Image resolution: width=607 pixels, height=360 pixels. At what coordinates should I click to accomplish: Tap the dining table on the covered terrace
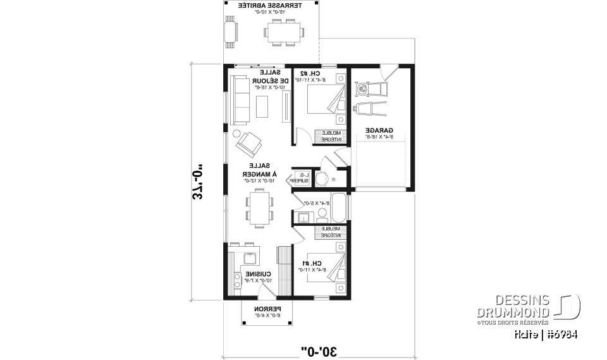(283, 32)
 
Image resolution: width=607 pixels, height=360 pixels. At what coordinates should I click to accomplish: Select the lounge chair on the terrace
(230, 32)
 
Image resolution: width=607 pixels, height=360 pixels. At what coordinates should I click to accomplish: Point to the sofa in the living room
(239, 101)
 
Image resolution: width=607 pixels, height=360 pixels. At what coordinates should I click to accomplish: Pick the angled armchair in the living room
(249, 144)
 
